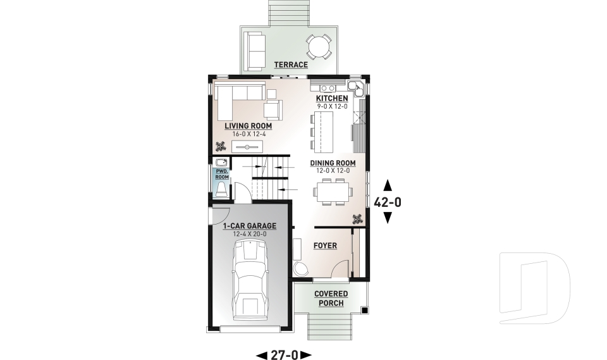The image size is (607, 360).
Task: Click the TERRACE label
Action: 291,65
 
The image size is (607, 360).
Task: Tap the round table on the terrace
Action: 319,47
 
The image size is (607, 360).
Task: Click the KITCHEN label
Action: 332,99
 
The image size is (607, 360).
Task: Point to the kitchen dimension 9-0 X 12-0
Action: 332,106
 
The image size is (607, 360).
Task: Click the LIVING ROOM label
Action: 248,126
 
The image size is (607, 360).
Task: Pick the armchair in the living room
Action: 273,109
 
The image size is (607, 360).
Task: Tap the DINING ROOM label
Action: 333,163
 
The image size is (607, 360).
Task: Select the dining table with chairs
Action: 333,191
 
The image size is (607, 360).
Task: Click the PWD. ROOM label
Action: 222,174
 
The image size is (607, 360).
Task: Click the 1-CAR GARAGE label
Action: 250,226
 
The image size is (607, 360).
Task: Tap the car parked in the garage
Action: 250,280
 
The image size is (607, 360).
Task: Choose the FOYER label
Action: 325,245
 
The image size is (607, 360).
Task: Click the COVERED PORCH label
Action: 331,299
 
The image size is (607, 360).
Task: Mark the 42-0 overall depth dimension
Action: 388,202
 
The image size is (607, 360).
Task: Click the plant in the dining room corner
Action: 357,220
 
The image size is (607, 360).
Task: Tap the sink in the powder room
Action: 222,163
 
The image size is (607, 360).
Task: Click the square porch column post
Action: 364,310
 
